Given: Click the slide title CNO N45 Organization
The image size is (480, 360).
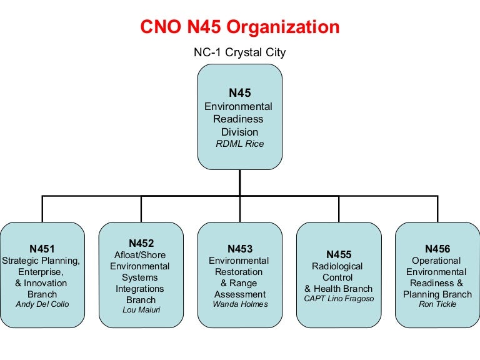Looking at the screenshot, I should click(x=239, y=27).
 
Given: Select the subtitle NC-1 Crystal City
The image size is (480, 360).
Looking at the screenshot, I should click(x=239, y=52).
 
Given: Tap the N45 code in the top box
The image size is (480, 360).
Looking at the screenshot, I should click(x=239, y=93).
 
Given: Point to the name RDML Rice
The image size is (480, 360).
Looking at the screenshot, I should click(x=239, y=144).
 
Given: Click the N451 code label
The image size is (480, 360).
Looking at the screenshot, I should click(x=42, y=249).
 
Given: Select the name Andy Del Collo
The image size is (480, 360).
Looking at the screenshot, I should click(x=42, y=304).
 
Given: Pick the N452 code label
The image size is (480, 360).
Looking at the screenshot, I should click(x=141, y=243).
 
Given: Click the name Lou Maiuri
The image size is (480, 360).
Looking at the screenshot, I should click(x=141, y=310).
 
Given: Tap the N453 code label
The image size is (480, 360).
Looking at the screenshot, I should click(x=239, y=249).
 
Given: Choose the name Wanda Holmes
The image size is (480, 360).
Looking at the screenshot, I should click(x=239, y=304).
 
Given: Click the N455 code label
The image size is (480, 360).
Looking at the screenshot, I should click(x=338, y=254).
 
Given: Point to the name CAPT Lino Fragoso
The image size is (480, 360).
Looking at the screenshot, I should click(x=338, y=299).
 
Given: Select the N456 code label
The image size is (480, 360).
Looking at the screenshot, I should click(x=437, y=249).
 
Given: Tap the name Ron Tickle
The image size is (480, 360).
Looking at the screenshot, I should click(x=437, y=304).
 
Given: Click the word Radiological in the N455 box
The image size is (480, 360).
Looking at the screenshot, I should click(x=338, y=266).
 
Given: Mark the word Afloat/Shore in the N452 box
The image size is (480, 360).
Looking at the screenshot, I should click(x=141, y=255).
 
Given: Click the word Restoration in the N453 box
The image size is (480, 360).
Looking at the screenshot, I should click(x=239, y=272).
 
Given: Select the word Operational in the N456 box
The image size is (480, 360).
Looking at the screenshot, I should click(x=437, y=261).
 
